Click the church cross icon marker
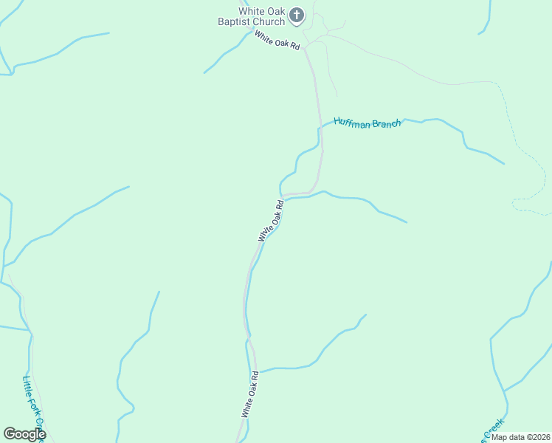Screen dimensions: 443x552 tap(296, 14)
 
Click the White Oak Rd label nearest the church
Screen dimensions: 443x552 tap(277, 40)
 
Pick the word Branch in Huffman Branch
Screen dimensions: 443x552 tap(386, 123)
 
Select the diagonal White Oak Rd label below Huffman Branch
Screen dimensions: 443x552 tap(271, 220)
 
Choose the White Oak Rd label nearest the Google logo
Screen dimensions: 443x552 tap(249, 394)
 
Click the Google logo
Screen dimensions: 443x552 tap(24, 433)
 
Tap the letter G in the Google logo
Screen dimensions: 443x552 tap(10, 433)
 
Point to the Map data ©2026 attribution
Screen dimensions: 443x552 tap(520, 437)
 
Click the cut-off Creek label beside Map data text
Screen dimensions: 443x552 tap(492, 427)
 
